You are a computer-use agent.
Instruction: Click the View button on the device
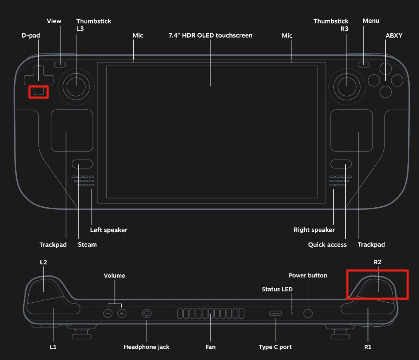pyautogui.click(x=60, y=64)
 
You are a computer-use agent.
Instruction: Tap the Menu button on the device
pyautogui.click(x=364, y=64)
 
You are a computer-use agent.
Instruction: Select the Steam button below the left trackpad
pyautogui.click(x=82, y=164)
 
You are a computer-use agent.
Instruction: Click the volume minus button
pyautogui.click(x=108, y=313)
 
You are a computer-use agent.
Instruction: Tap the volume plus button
pyautogui.click(x=122, y=313)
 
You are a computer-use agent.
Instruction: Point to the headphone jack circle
pyautogui.click(x=147, y=313)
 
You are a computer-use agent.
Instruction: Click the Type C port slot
pyautogui.click(x=275, y=313)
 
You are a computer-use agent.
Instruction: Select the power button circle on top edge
pyautogui.click(x=308, y=313)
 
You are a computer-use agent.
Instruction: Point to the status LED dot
pyautogui.click(x=292, y=313)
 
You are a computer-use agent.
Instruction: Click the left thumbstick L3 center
pyautogui.click(x=76, y=86)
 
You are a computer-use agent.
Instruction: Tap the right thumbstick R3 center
pyautogui.click(x=347, y=86)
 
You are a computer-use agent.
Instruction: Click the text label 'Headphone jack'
pyautogui.click(x=147, y=347)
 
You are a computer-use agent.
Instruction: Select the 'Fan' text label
pyautogui.click(x=210, y=347)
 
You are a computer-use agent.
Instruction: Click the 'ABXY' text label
pyautogui.click(x=394, y=36)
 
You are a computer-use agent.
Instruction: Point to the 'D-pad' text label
pyautogui.click(x=31, y=36)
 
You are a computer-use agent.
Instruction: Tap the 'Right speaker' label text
pyautogui.click(x=314, y=230)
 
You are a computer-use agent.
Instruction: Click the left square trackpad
pyautogui.click(x=72, y=131)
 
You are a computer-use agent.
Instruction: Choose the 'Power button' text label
pyautogui.click(x=308, y=276)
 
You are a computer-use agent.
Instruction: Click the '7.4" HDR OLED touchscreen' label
pyautogui.click(x=210, y=36)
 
